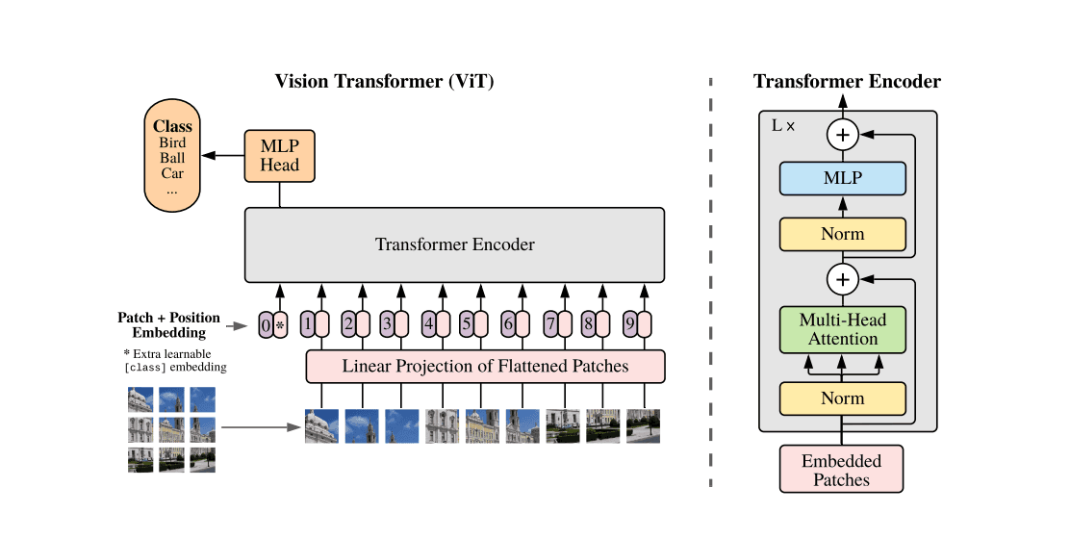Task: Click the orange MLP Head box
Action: (280, 155)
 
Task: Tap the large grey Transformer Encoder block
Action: (454, 244)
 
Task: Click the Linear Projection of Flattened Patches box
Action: (485, 366)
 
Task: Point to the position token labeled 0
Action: (266, 325)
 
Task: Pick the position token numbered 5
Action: (467, 325)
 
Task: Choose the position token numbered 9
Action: (629, 325)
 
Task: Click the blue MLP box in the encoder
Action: (843, 178)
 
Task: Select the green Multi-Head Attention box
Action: (843, 329)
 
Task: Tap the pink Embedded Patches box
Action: (843, 470)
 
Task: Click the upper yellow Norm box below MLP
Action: (843, 234)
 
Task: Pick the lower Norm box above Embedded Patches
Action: (843, 398)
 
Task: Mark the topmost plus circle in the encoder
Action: (843, 135)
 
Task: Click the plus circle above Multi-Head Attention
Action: (843, 279)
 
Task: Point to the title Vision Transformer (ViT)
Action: (384, 81)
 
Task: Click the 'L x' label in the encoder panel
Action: (783, 125)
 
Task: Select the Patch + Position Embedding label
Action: (168, 325)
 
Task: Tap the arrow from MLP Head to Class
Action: (223, 155)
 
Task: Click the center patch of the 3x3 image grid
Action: (172, 429)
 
